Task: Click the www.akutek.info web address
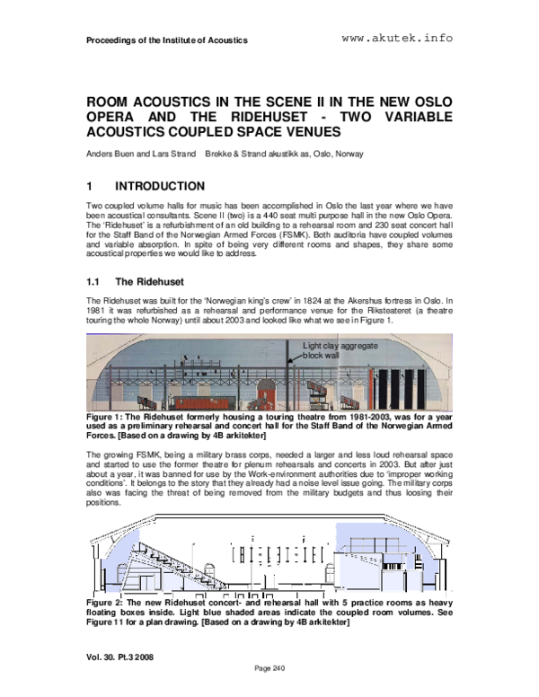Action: (x=397, y=39)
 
